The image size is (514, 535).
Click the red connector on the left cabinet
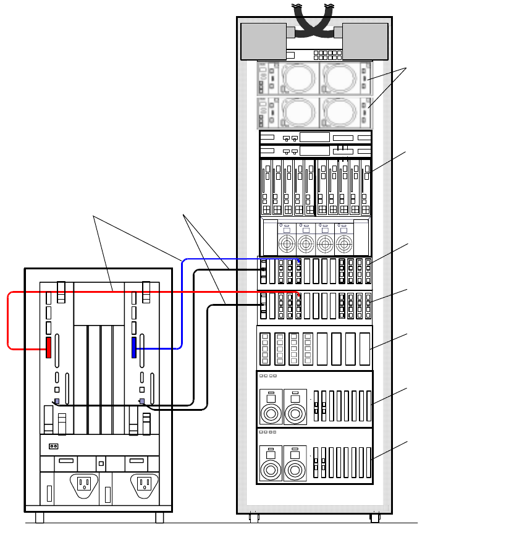click(48, 347)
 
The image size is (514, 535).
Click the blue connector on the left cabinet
click(133, 347)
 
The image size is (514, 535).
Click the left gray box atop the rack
click(263, 41)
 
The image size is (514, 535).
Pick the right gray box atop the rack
click(365, 41)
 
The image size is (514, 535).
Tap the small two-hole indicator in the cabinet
click(54, 446)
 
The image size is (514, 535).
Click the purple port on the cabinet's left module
click(57, 402)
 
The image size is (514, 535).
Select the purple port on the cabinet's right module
click(142, 402)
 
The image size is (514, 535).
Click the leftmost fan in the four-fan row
click(287, 243)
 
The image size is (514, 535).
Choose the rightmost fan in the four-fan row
click(342, 243)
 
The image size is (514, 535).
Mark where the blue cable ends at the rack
click(299, 261)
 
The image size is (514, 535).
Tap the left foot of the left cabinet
click(40, 518)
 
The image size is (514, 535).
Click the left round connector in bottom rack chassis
click(271, 470)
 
